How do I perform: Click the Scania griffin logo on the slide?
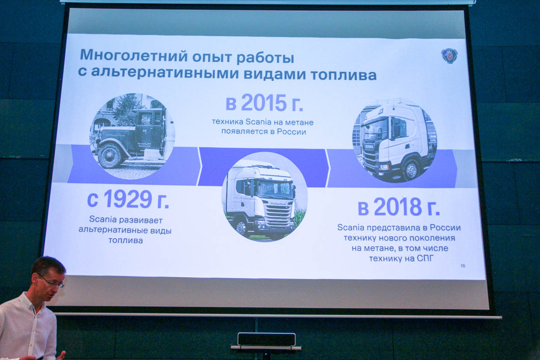point(449,56)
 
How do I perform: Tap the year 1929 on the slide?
point(128,199)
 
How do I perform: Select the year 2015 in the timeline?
point(264,103)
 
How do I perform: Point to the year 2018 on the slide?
point(398,207)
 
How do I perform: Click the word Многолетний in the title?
point(134,55)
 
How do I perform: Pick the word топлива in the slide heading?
point(344,75)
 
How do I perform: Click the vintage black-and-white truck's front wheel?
point(110,156)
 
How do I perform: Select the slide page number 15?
point(463,266)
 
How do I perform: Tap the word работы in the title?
point(265,57)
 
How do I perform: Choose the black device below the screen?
point(267,339)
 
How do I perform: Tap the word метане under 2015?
point(299,122)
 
